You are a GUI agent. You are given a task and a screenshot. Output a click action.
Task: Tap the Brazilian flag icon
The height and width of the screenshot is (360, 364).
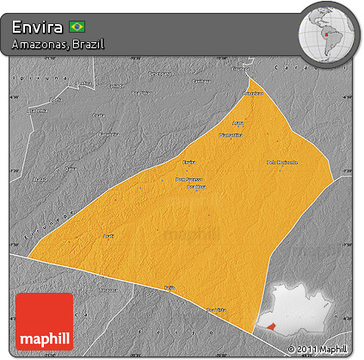coord(77,27)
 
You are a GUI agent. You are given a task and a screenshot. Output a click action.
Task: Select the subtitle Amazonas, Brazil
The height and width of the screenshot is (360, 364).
coord(59,44)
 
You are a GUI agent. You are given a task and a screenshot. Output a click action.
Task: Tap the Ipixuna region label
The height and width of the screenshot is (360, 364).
coord(27,77)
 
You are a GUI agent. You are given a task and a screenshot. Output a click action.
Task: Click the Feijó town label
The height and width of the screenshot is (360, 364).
coord(170,289)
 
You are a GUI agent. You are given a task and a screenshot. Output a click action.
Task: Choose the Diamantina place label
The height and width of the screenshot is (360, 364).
coord(231,135)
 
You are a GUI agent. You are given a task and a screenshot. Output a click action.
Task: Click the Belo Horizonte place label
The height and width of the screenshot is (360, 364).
coord(282,162)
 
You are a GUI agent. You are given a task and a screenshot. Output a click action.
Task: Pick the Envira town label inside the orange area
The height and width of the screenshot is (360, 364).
coord(189,161)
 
